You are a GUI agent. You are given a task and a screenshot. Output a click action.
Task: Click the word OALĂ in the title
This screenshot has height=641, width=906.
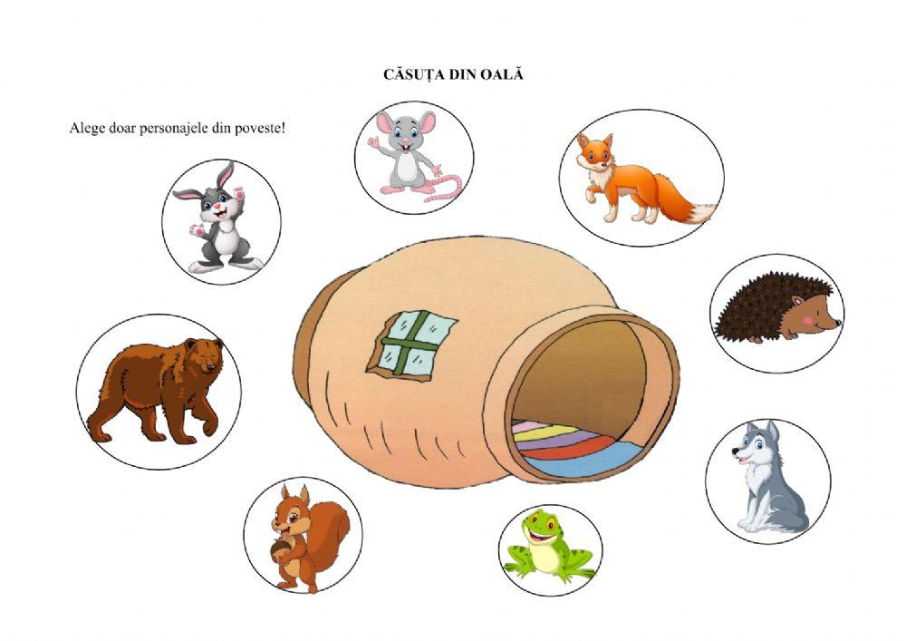(x=501, y=75)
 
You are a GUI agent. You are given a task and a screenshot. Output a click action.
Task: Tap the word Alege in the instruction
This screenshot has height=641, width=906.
(x=86, y=128)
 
